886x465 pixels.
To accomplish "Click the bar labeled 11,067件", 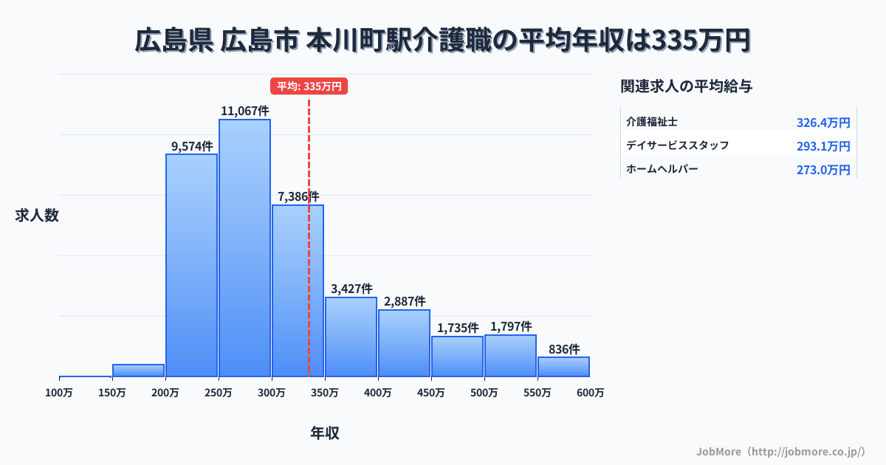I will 244,248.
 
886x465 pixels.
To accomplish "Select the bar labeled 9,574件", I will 191,266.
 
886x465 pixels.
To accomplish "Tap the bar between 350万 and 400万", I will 351,337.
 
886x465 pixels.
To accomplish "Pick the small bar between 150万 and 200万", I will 138,371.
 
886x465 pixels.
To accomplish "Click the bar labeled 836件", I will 563,367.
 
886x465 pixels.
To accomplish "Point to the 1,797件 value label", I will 511,326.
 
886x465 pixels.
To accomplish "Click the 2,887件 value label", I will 405,301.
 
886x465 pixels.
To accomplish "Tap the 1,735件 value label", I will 458,328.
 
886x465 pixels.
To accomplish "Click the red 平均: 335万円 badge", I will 309,86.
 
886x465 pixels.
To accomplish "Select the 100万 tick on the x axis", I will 59,393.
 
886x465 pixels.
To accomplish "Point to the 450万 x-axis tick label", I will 430,393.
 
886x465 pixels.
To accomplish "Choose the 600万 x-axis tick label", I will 590,393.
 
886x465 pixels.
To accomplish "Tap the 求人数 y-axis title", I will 37,216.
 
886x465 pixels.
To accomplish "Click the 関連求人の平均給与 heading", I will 687,86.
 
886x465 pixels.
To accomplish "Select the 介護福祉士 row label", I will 652,122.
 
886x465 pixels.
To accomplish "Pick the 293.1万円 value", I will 823,146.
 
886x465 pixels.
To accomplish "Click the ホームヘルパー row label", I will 662,169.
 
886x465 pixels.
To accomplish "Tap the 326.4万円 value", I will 823,123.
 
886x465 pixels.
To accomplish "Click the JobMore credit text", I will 780,450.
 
